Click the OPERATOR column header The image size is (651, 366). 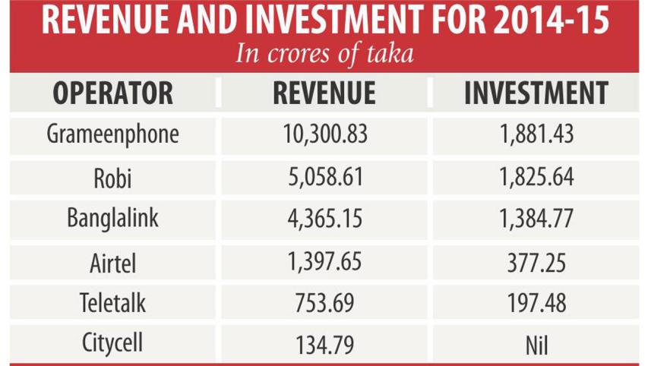pos(113,93)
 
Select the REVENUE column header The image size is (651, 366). pos(324,93)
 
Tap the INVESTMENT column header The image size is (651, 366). pos(536,93)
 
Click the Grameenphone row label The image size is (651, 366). pos(113,134)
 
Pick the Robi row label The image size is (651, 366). pos(113,178)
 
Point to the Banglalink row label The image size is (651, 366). pos(113,219)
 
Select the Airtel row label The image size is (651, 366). pos(113,262)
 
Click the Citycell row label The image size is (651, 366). pos(113,345)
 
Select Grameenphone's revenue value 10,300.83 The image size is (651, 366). pos(324,134)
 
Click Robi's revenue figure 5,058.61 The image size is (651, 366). pos(324,178)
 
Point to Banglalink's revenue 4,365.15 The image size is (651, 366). pos(324,219)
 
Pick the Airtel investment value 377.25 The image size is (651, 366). pos(536,262)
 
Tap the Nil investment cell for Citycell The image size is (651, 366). pos(536,345)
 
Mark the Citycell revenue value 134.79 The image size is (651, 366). pos(324,345)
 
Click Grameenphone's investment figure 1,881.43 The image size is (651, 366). pos(536,134)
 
